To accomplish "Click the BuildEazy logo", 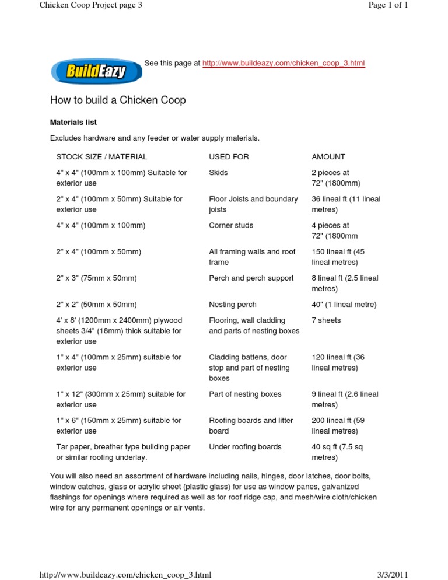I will pos(96,72).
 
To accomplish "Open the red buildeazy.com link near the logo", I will pos(283,63).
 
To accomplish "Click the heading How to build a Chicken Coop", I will pos(118,100).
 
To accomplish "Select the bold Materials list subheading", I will pos(73,123).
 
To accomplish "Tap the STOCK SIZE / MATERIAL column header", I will pos(101,156).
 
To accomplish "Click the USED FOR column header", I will pos(229,156).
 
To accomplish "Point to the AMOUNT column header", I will pos(328,156).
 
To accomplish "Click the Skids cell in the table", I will pos(218,173).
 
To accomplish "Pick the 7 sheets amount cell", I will pos(326,320).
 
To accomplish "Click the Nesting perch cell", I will pos(232,305).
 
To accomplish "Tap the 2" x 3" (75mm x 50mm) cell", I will pos(96,278).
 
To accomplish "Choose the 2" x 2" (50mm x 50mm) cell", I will pos(96,305).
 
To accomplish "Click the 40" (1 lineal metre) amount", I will pos(344,305).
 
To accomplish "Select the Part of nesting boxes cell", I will pos(245,394).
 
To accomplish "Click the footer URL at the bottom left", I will pos(125,575).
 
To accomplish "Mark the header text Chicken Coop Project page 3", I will pos(90,6).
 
